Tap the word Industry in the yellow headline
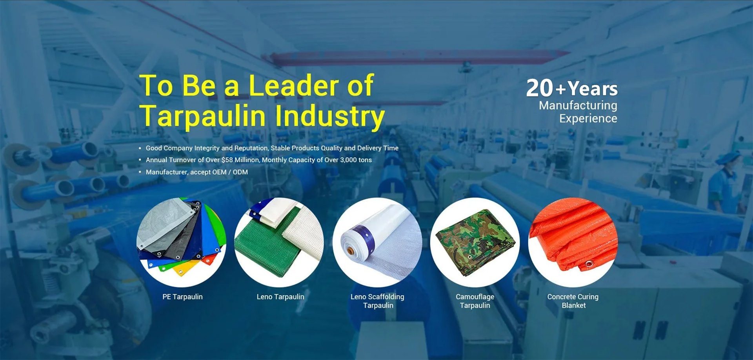pos(329,117)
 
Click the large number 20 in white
pos(540,88)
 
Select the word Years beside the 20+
pos(593,89)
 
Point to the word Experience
pos(588,118)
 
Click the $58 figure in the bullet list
pos(227,160)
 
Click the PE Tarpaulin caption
pos(182,297)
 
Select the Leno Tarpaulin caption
pos(280,297)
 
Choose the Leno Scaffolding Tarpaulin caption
pos(377,301)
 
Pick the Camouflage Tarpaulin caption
pos(475,301)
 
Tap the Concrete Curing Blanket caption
pos(573,301)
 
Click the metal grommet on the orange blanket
pos(588,264)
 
